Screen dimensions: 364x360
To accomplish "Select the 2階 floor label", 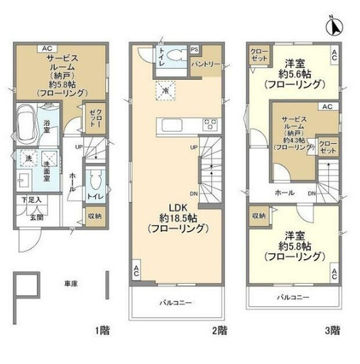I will [219, 329].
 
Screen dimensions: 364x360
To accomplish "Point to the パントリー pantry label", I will [205, 65].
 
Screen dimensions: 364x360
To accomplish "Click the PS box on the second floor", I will [195, 50].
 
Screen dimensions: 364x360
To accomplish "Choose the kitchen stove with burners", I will [211, 126].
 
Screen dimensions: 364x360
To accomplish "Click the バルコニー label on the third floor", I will [291, 296].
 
